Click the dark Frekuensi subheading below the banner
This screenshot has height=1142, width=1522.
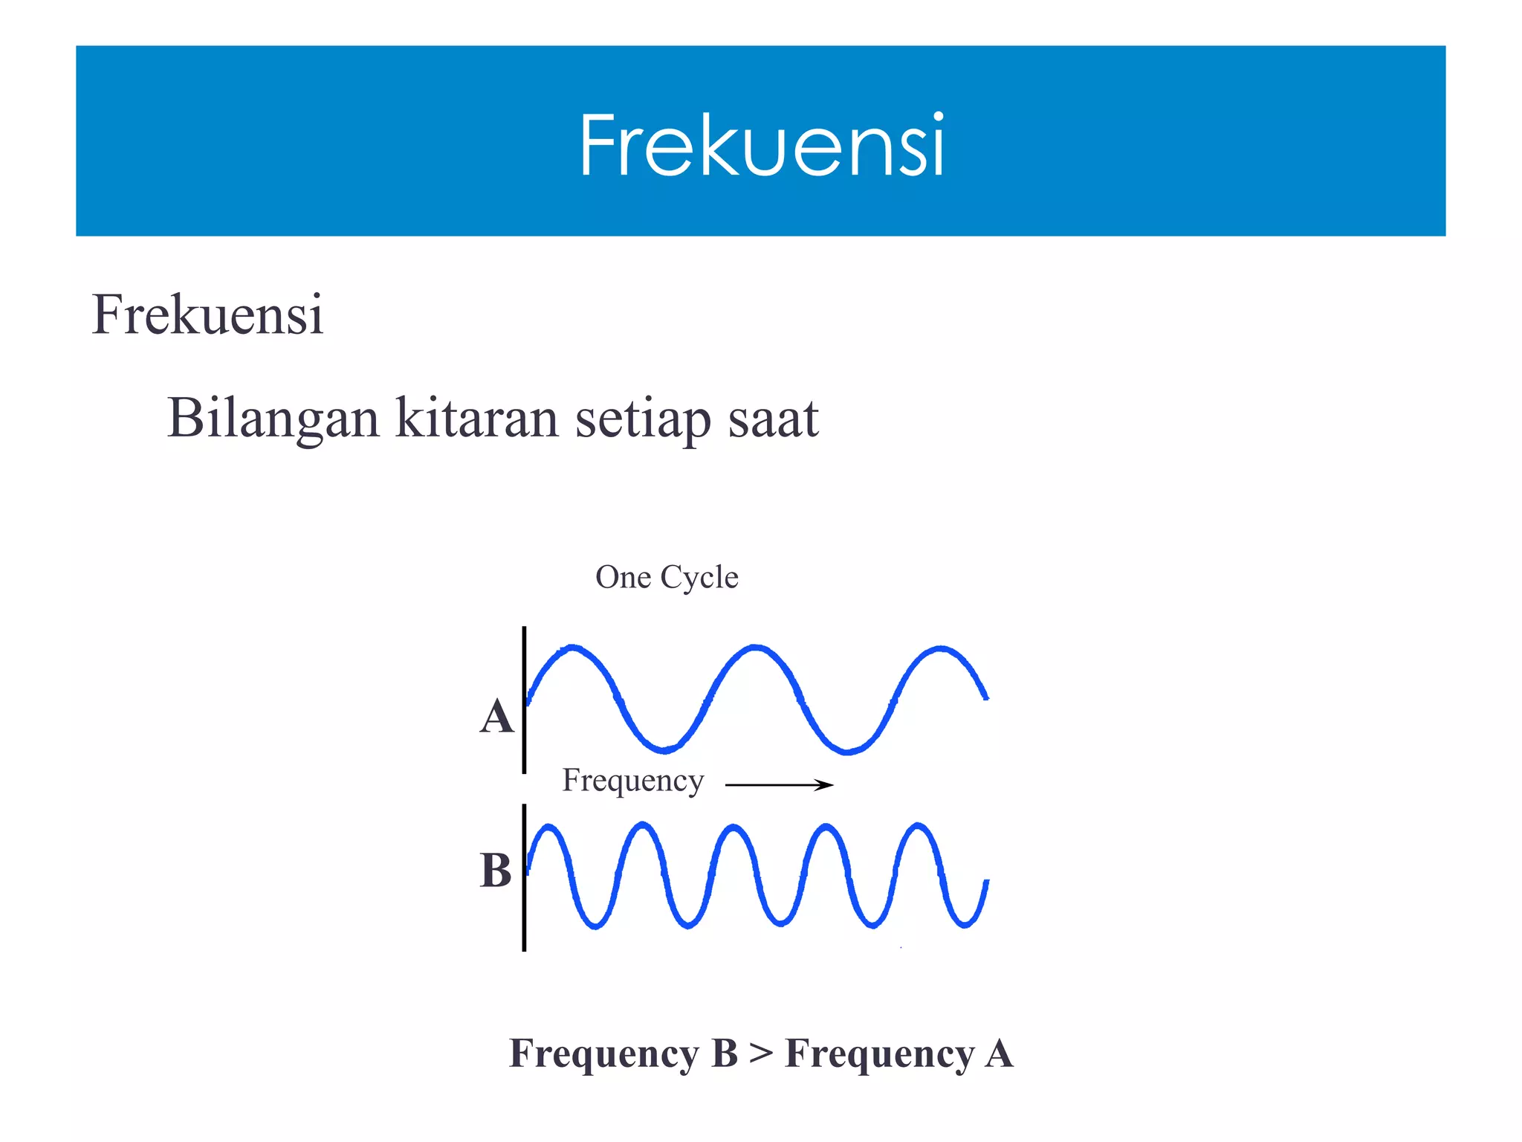click(207, 314)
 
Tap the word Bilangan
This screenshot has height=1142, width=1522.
click(273, 419)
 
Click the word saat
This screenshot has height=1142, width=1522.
click(773, 419)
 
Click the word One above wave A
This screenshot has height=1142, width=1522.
click(623, 578)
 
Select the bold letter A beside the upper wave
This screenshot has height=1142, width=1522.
click(496, 717)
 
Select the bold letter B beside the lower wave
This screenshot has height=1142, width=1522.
click(496, 871)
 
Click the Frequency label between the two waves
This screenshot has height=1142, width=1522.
click(632, 781)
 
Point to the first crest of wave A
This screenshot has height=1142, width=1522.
click(571, 648)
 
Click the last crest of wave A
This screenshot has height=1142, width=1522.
click(941, 649)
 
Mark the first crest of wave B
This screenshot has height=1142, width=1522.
click(549, 827)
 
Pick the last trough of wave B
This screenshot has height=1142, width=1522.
click(964, 925)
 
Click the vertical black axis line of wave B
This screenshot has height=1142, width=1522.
click(524, 877)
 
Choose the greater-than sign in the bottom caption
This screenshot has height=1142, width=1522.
click(761, 1054)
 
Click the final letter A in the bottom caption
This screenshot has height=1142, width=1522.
click(999, 1054)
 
